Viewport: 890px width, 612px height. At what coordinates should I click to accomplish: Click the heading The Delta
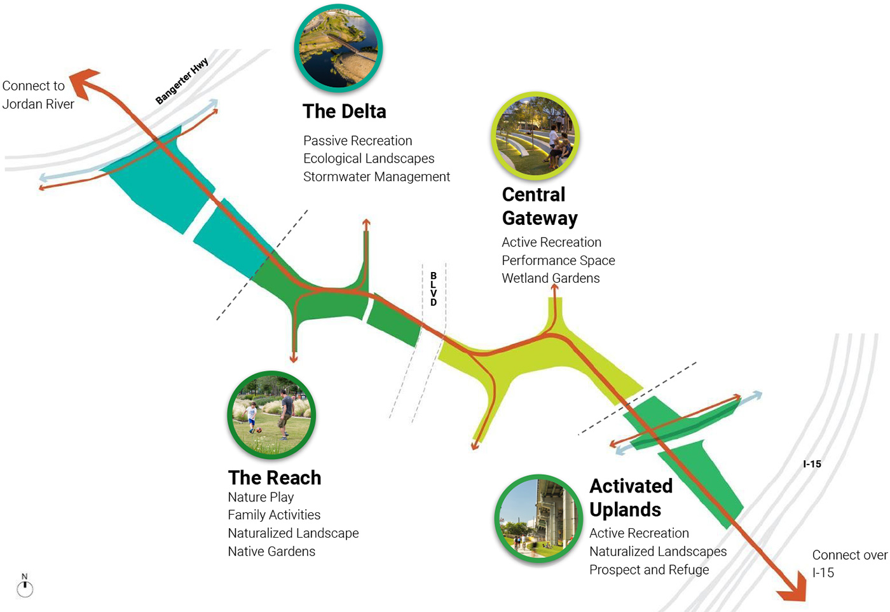click(x=344, y=111)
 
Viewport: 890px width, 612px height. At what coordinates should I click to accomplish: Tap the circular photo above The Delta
click(x=338, y=48)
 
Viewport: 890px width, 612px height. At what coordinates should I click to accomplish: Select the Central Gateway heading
click(x=539, y=206)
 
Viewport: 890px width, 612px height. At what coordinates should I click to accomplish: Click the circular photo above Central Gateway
click(x=535, y=136)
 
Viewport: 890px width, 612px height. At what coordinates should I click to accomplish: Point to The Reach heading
click(x=274, y=477)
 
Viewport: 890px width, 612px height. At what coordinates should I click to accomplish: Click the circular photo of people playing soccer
click(x=271, y=415)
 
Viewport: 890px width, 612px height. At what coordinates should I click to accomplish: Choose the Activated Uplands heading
click(x=631, y=498)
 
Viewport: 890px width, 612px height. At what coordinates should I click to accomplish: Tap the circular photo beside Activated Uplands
click(x=538, y=519)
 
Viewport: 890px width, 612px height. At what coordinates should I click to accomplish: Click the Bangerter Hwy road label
click(x=182, y=81)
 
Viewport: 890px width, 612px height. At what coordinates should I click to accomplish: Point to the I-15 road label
click(x=812, y=464)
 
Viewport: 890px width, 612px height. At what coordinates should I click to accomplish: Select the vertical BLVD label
click(x=434, y=289)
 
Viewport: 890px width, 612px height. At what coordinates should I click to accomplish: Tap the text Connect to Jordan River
click(x=38, y=95)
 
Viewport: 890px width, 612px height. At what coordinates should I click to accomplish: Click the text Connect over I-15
click(x=848, y=564)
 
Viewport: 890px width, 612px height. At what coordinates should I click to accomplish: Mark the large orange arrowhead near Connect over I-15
click(x=793, y=589)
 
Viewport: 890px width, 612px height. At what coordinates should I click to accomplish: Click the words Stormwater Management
click(x=376, y=177)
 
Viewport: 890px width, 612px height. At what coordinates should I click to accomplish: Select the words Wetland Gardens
click(x=551, y=278)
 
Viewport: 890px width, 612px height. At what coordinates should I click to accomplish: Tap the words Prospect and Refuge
click(x=648, y=569)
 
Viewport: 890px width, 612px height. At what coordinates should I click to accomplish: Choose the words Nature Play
click(x=261, y=497)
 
